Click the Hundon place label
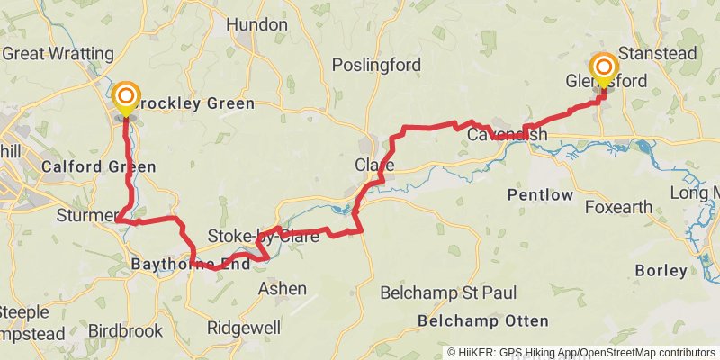pos(256,25)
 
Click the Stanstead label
pos(658,54)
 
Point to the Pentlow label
pos(540,194)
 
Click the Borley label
pos(661,269)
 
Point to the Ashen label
pos(283,288)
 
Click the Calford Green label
pos(98,166)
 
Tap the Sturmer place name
pos(82,216)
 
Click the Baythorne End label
pos(190,265)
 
